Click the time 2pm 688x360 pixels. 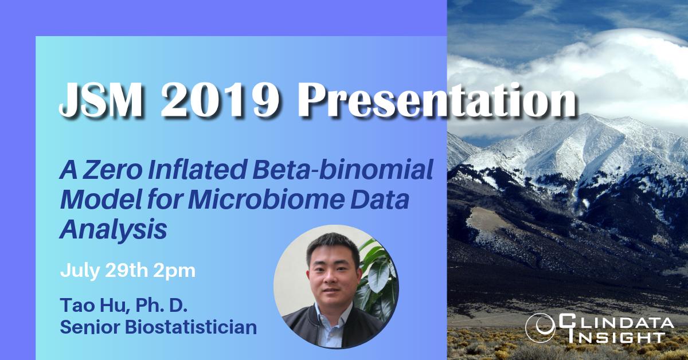(x=174, y=270)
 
